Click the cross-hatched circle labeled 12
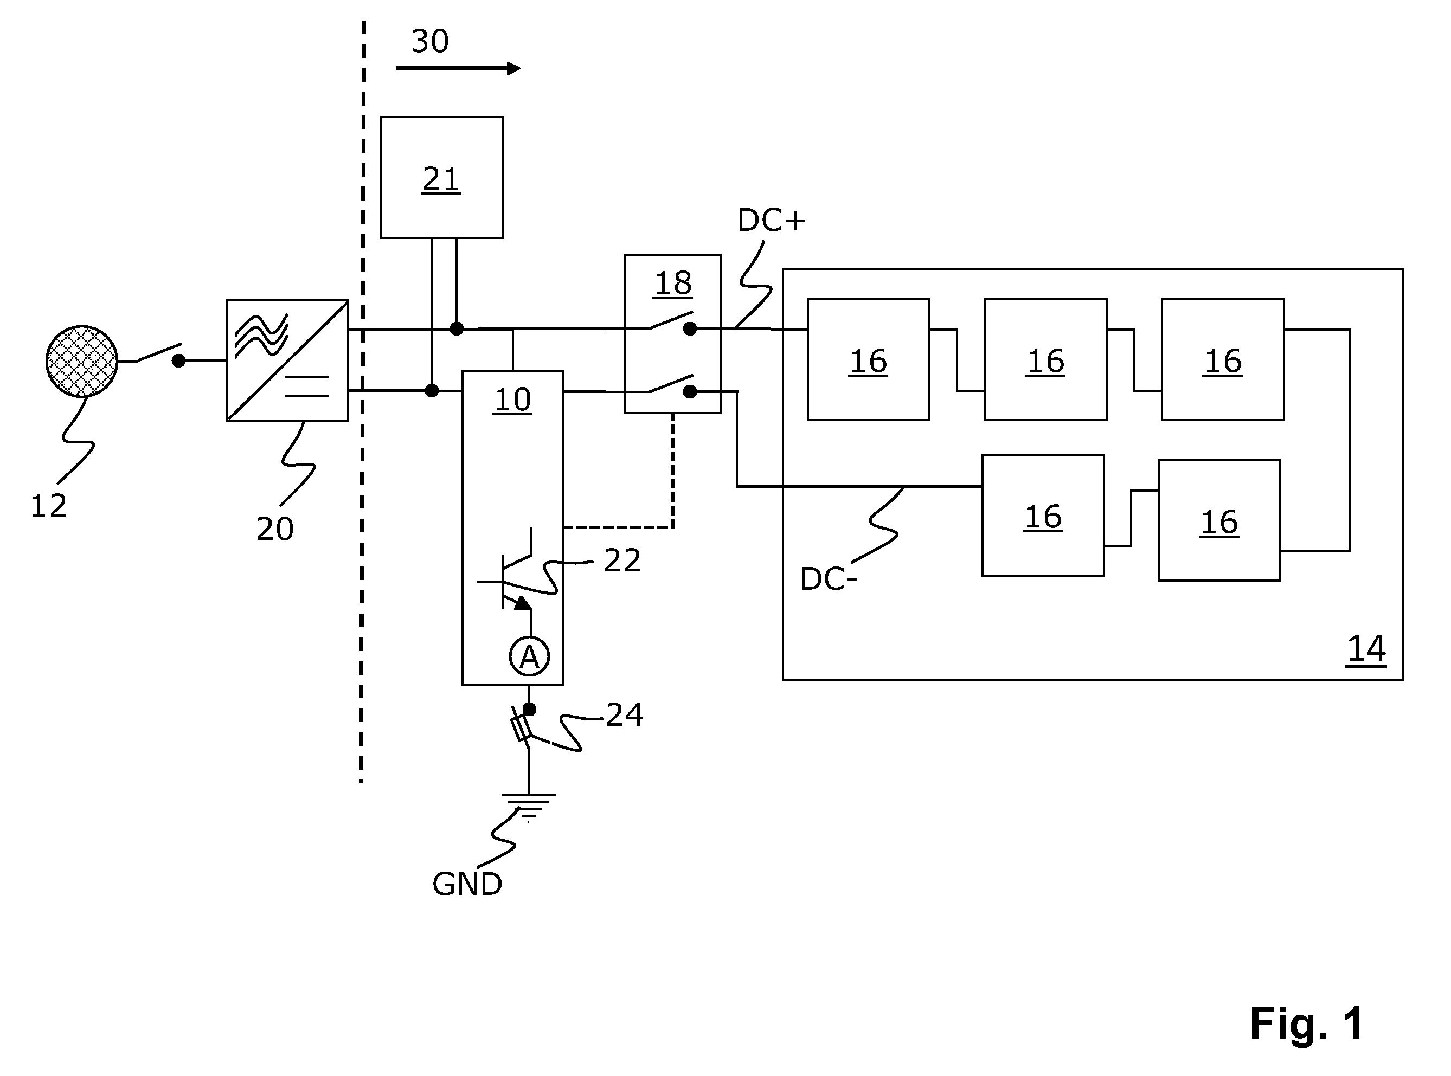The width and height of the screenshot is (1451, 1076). tap(82, 362)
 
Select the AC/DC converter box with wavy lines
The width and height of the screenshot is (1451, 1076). tap(287, 360)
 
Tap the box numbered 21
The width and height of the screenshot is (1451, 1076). tap(442, 177)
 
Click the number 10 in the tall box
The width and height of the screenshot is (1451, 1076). tap(513, 400)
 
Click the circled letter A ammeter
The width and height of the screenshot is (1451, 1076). tap(529, 656)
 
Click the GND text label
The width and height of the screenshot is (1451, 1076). tap(467, 885)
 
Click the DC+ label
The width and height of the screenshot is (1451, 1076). tap(772, 221)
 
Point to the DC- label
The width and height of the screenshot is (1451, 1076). tap(828, 579)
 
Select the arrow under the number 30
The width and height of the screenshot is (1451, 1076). tap(458, 68)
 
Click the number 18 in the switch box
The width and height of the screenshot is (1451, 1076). tap(673, 284)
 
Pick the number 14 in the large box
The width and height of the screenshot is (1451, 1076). tap(1366, 649)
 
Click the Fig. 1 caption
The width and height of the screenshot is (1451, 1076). tap(1306, 1023)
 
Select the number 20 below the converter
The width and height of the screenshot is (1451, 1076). tap(275, 529)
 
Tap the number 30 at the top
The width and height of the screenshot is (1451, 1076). tap(430, 41)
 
